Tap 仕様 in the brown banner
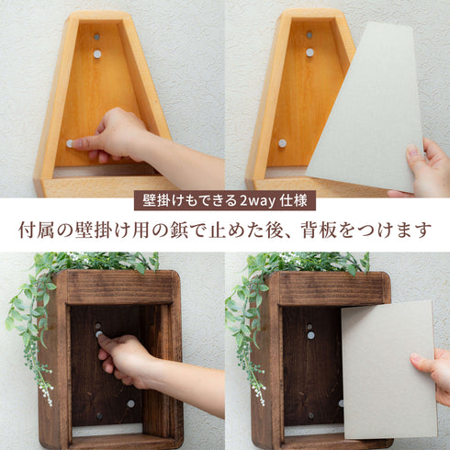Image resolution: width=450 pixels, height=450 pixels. pos(294,201)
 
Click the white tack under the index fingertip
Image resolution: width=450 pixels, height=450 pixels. pos(70,143)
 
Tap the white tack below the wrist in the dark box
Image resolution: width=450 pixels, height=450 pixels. pos(130,404)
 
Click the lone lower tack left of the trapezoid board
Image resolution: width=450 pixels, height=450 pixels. pos(282,143)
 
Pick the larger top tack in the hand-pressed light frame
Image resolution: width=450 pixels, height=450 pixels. pos(97,54)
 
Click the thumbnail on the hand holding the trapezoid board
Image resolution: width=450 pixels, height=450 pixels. pos(412,151)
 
